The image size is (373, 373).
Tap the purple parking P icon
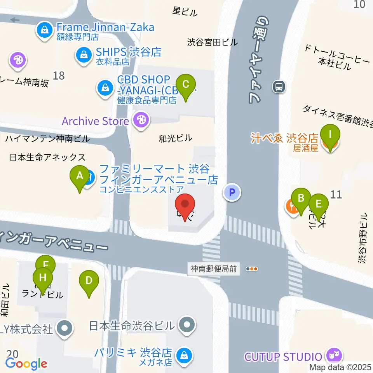pos(232,192)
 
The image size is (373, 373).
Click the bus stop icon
pos(279,86)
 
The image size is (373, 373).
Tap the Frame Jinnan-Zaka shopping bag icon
pos(45,30)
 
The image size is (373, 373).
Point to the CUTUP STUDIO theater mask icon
pos(334,355)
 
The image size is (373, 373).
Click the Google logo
pos(26,364)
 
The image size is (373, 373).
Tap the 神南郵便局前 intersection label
pos(213,268)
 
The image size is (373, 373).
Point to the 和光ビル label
pos(176,138)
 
